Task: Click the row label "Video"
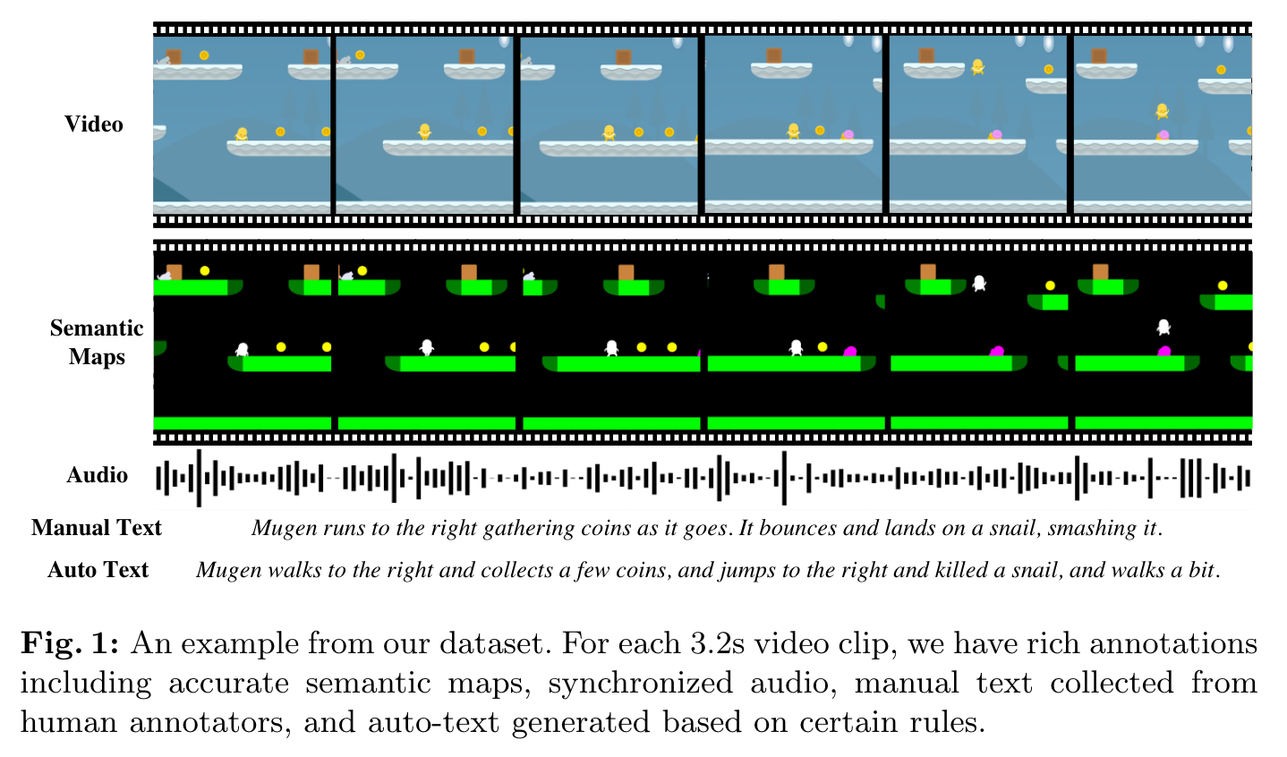click(94, 124)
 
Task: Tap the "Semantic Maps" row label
click(97, 343)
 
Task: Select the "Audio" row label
click(97, 475)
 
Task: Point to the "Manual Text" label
click(97, 528)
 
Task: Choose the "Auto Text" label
click(98, 570)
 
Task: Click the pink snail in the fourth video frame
click(848, 134)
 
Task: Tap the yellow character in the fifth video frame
click(978, 66)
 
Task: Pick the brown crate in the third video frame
click(623, 57)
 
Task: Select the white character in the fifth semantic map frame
click(979, 283)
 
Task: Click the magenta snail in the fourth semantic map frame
click(849, 352)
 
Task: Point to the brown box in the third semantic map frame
click(626, 272)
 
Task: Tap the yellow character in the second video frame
click(424, 132)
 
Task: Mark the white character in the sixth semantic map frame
click(1163, 327)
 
